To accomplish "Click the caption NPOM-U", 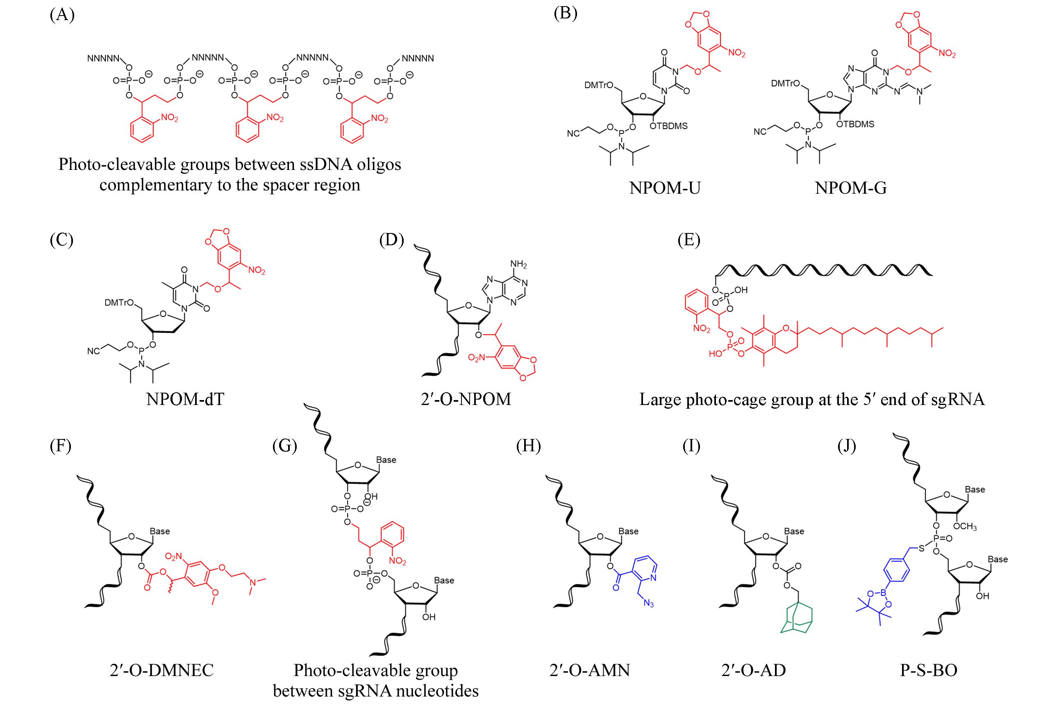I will pos(665,188).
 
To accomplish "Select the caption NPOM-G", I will pos(850,188).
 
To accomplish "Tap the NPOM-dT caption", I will pos(185,399).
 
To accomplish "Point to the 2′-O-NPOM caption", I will pos(466,399).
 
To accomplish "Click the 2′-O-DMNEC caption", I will pos(161,670).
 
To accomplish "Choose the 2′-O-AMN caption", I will pos(589,670).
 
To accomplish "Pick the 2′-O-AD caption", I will pos(753,670).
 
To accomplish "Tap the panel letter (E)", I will pos(688,240).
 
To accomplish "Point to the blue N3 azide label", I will pos(648,604).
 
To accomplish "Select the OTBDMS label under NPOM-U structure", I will pos(668,127).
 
